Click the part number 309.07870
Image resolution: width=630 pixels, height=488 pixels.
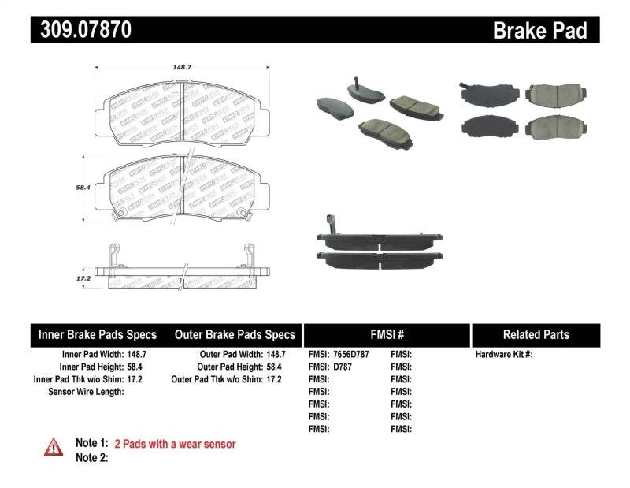tap(81, 30)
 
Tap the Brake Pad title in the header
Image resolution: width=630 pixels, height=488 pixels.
tap(539, 31)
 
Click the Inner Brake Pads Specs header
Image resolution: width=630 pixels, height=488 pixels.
tap(98, 334)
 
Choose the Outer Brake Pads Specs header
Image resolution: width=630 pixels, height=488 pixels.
tap(235, 334)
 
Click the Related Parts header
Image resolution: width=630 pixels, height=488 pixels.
tap(535, 334)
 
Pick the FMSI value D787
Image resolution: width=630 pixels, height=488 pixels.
tap(343, 367)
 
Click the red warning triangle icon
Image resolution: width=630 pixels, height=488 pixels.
tap(53, 447)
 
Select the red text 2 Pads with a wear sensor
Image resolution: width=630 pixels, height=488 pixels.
tap(175, 444)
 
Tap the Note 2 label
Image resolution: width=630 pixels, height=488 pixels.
tap(91, 457)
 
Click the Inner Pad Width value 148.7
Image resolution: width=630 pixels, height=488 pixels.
tap(139, 355)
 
